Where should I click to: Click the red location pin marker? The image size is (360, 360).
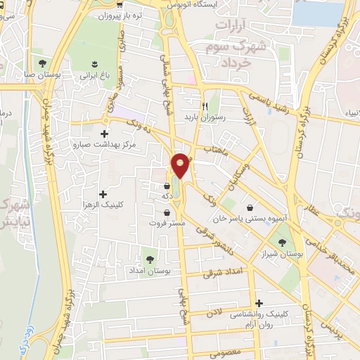(x=180, y=165)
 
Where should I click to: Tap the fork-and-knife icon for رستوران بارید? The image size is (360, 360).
(x=206, y=107)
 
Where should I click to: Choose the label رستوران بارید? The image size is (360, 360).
(x=204, y=117)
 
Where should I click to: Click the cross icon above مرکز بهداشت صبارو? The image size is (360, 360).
(x=105, y=134)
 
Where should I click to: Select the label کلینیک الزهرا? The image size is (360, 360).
(x=103, y=205)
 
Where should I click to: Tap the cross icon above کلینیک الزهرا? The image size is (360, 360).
(x=103, y=193)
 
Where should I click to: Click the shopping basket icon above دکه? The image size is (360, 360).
(x=167, y=186)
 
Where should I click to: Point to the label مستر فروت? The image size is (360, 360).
(x=167, y=223)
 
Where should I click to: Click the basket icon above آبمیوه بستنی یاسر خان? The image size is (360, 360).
(x=251, y=207)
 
